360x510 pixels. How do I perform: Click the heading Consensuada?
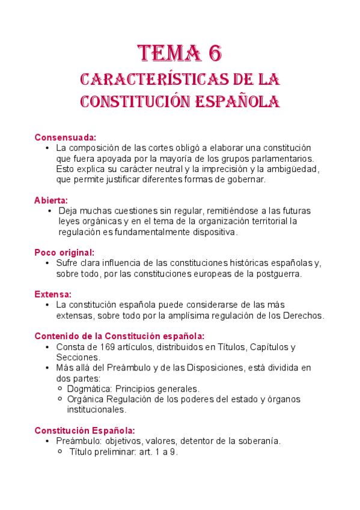click(65, 137)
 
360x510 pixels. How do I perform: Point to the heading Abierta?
click(51, 200)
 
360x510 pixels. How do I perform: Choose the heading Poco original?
click(64, 253)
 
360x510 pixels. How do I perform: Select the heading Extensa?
click(53, 294)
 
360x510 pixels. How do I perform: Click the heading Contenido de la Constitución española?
click(119, 336)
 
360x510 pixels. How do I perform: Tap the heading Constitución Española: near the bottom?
click(85, 430)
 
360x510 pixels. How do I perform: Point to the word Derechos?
click(302, 316)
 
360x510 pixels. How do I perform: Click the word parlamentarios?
click(284, 158)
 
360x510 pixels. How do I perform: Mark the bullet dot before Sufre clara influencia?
click(47, 263)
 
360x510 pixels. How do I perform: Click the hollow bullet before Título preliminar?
click(60, 452)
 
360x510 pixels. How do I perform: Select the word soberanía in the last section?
click(257, 441)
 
